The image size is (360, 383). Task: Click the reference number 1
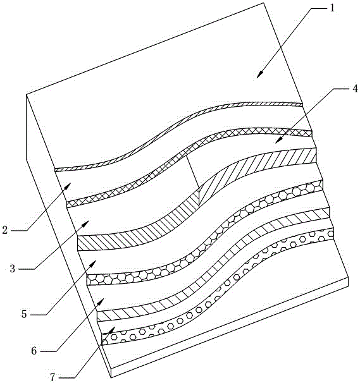[x=332, y=8]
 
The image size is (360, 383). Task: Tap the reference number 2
[x=5, y=230]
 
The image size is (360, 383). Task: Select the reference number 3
[x=13, y=269]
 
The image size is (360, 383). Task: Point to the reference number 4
[x=355, y=88]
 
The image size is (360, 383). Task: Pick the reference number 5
[x=24, y=314]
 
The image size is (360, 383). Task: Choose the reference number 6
[x=34, y=351]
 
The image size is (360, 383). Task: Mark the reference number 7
[x=53, y=377]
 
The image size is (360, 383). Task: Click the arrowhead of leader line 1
[x=260, y=74]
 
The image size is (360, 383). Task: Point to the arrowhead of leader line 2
[x=68, y=186]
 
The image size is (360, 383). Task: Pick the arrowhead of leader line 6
[x=101, y=301]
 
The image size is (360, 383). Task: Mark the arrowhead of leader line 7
[x=111, y=329]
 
